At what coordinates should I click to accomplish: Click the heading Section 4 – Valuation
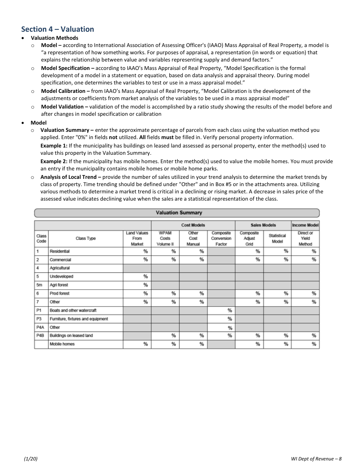coord(58,29)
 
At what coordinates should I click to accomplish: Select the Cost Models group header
coord(193,225)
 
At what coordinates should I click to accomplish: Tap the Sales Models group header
coord(263,225)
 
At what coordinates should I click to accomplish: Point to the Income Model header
coord(305,225)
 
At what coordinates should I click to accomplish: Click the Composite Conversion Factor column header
coord(221,238)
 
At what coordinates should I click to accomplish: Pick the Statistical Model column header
coord(277,238)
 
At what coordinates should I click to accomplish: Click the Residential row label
coord(60,251)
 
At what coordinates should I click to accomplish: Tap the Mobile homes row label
coord(62,344)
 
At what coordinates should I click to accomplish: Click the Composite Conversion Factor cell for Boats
coord(221,311)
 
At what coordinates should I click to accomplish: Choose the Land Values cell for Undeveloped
coord(137,277)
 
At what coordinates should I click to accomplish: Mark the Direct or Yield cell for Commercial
coord(305,260)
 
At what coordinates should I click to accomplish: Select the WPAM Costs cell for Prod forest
coord(165,293)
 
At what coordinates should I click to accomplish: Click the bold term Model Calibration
coord(65,91)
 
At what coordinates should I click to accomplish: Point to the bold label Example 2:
coord(54,161)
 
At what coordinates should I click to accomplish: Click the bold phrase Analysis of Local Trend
coord(71,177)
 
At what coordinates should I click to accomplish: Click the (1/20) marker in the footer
coord(31,459)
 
